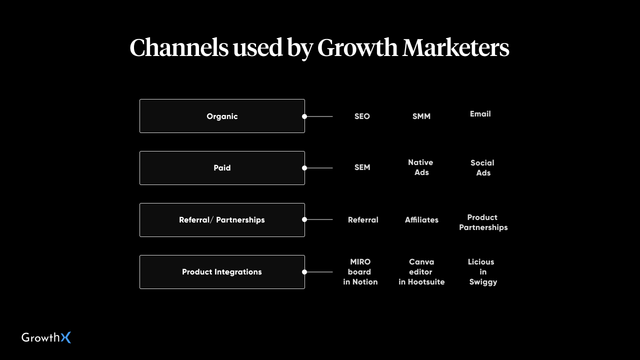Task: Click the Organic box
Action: coord(222,116)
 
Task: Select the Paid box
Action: coord(222,168)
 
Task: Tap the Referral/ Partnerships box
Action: coord(222,220)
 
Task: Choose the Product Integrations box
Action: coord(222,272)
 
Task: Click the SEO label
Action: coord(362,116)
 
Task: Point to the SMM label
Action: coord(421,116)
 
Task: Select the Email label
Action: coord(480,113)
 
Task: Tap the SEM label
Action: coord(362,167)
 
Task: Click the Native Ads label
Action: coord(421,167)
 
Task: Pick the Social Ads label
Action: coord(482,167)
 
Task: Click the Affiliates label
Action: coord(421,219)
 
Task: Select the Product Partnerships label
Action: coord(483,222)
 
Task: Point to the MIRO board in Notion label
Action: coord(360,271)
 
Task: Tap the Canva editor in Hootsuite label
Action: coord(421,271)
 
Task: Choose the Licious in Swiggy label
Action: coord(483,272)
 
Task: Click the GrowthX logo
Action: coord(46,337)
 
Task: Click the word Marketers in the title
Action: coord(456,47)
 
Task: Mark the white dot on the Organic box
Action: coord(304,116)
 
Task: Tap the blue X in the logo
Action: coord(66,337)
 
